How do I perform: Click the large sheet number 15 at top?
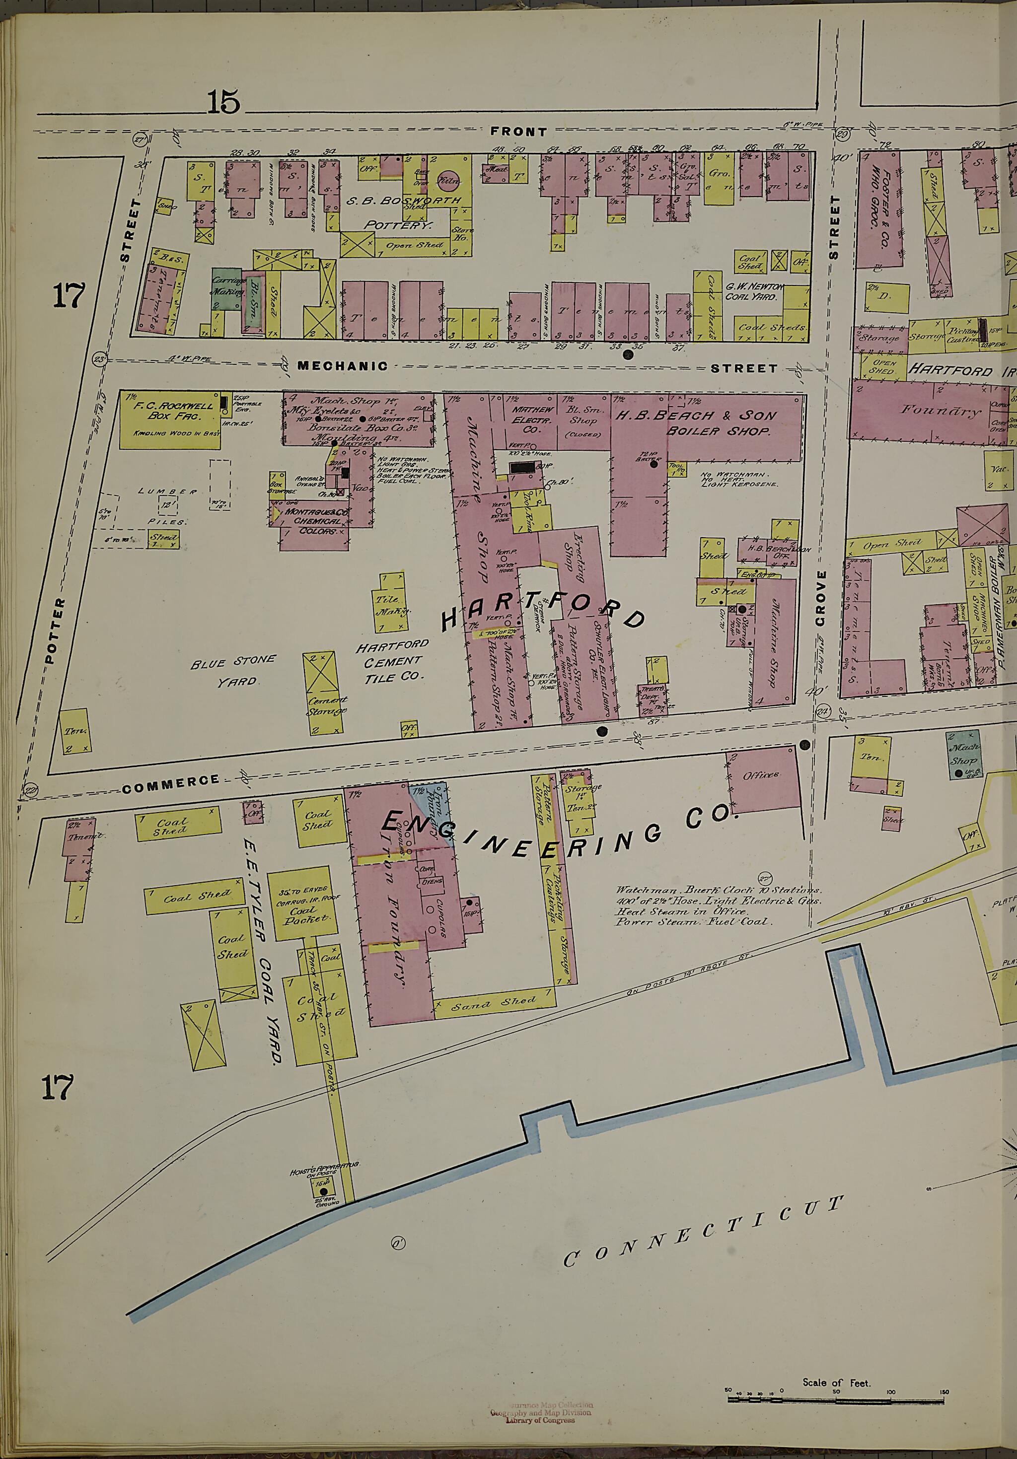(x=224, y=102)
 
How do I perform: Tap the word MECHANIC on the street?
(x=343, y=365)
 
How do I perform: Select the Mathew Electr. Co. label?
(x=534, y=419)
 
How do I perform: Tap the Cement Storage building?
(x=327, y=694)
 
